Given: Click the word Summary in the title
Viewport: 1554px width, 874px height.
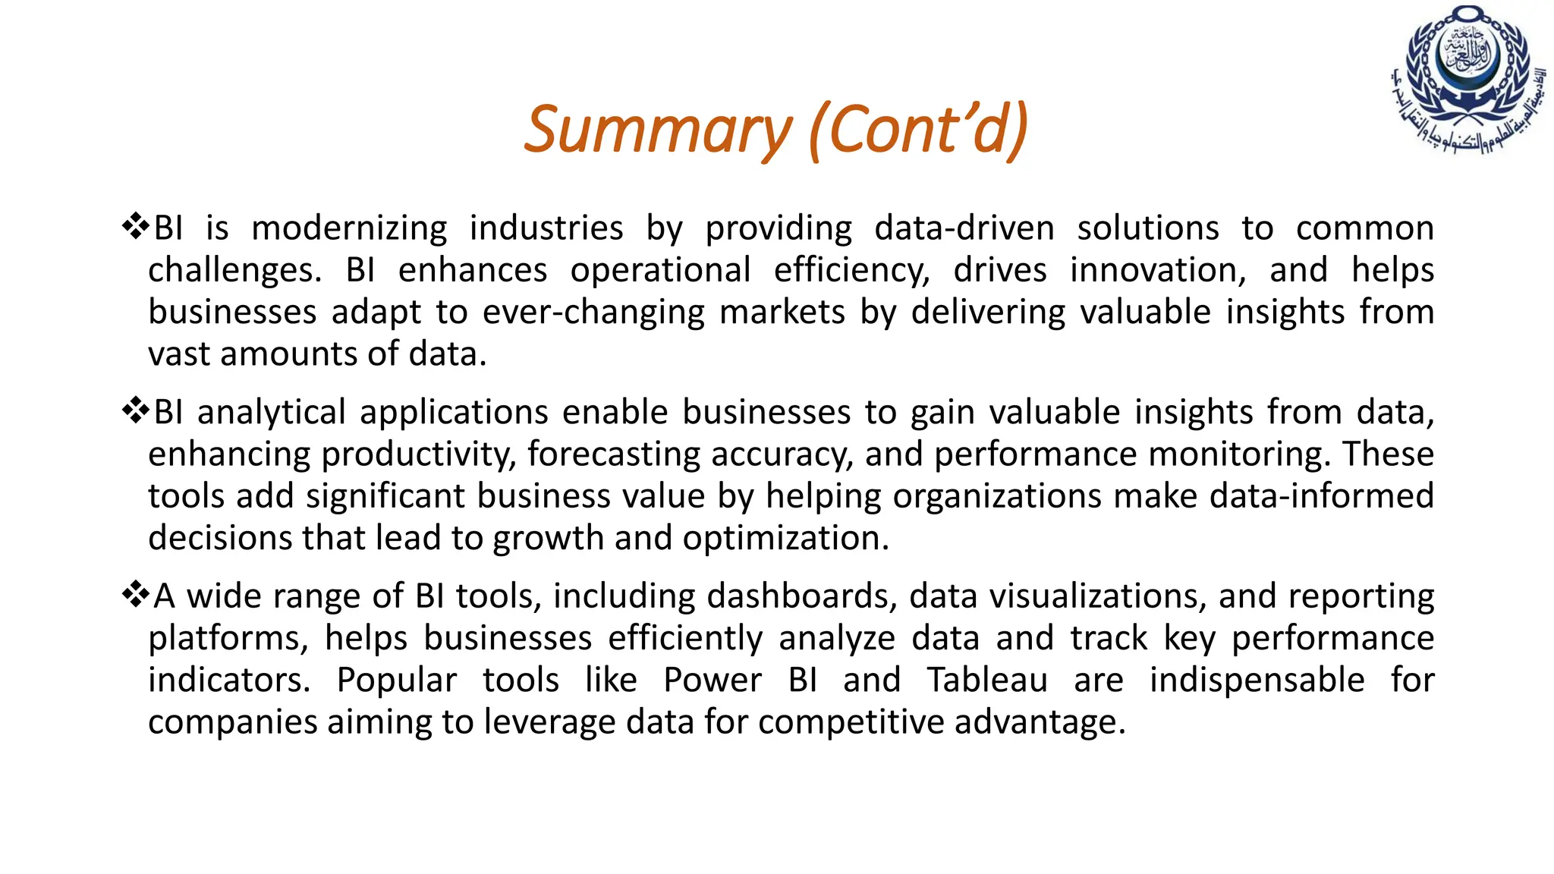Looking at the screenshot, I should (x=657, y=129).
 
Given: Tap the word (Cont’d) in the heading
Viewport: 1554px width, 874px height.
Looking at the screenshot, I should (x=918, y=129).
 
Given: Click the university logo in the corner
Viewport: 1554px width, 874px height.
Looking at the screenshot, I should (x=1468, y=79).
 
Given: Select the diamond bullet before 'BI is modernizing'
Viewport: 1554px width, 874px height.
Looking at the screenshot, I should (x=135, y=226).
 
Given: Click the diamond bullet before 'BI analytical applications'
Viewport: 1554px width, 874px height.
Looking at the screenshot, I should (x=135, y=410).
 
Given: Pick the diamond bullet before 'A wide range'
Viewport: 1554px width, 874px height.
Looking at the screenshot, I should (x=135, y=594).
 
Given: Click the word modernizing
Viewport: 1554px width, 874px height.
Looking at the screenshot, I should (x=349, y=228).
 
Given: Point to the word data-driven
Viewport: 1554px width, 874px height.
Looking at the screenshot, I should (x=964, y=228).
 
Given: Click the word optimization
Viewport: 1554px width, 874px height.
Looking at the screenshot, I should (x=785, y=538).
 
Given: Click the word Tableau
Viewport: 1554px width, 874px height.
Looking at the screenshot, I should (x=987, y=680).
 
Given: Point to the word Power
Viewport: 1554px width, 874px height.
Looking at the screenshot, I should (x=712, y=680).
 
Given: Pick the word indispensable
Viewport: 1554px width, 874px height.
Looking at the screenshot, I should (x=1257, y=680).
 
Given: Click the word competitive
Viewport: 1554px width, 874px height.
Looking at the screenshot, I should (x=851, y=722).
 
